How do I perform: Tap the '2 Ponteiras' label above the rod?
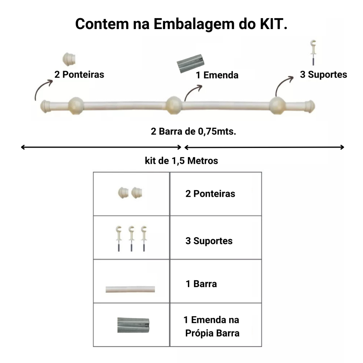click(79, 75)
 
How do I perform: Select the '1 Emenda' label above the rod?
click(217, 75)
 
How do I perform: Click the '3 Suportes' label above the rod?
click(323, 75)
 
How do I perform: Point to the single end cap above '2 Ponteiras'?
click(69, 58)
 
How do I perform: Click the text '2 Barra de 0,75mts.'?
click(194, 132)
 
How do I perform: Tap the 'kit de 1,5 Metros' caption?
click(181, 161)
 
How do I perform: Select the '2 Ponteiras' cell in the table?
click(210, 194)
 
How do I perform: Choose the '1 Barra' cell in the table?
click(201, 284)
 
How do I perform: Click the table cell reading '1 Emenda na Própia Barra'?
click(212, 326)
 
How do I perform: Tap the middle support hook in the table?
click(131, 238)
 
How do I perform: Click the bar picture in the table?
click(130, 289)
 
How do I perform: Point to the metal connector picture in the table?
click(134, 325)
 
